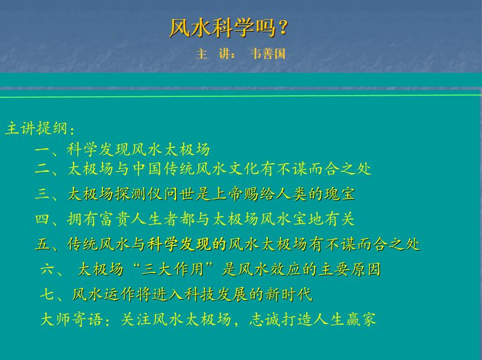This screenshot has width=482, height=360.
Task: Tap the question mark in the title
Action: (283, 28)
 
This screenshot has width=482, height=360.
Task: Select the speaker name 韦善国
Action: (268, 53)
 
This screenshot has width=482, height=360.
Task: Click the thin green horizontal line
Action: (241, 96)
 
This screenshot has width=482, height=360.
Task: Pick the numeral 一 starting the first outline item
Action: (42, 150)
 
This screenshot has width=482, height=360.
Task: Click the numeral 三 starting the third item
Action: (42, 194)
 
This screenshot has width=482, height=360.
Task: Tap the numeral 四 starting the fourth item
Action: (42, 219)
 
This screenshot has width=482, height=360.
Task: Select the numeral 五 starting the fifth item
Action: (42, 244)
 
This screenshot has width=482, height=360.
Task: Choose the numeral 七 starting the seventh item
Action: (47, 295)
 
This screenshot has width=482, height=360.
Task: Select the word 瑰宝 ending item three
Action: (340, 194)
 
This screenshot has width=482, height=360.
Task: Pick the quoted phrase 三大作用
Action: (174, 269)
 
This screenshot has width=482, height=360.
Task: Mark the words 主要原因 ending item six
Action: (349, 269)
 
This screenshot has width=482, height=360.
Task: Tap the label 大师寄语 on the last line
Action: (72, 319)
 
